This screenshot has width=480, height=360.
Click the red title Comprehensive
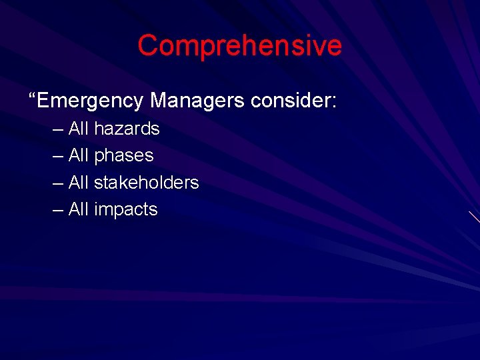pyautogui.click(x=239, y=46)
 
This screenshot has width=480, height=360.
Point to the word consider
pyautogui.click(x=291, y=101)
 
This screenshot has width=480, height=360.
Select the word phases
pyautogui.click(x=124, y=156)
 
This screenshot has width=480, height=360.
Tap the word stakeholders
pyautogui.click(x=147, y=183)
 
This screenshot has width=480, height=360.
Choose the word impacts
pyautogui.click(x=126, y=210)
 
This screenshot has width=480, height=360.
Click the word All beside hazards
pyautogui.click(x=78, y=129)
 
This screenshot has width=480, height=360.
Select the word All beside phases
pyautogui.click(x=78, y=156)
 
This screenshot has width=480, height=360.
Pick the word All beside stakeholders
pyautogui.click(x=78, y=183)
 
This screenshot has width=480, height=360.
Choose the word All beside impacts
pyautogui.click(x=78, y=210)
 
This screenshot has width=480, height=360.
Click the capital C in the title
pyautogui.click(x=147, y=46)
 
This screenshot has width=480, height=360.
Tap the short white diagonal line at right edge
pyautogui.click(x=474, y=217)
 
